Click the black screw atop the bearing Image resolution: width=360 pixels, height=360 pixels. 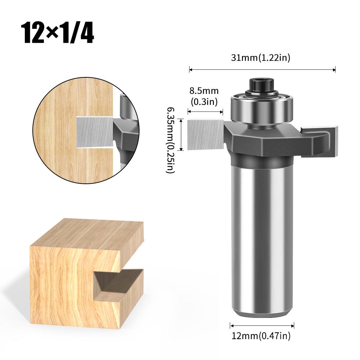(x=262, y=85)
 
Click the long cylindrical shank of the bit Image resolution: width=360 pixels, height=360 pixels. (x=262, y=237)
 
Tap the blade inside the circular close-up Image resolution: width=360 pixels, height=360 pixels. (x=95, y=132)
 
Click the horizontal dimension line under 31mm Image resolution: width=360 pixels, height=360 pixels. (x=262, y=70)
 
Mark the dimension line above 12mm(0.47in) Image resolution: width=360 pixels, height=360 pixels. (x=262, y=326)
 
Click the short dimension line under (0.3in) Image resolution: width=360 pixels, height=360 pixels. (x=205, y=112)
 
